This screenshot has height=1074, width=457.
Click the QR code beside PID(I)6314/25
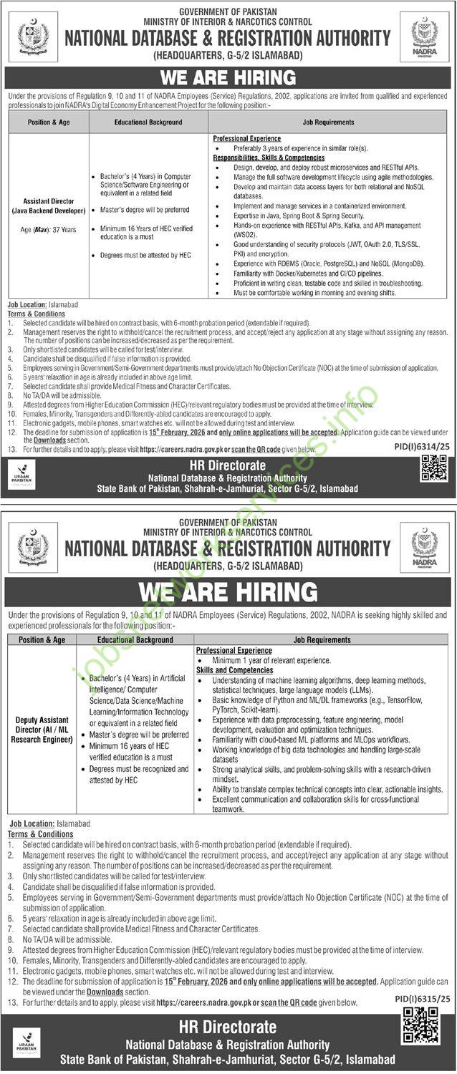[434, 469]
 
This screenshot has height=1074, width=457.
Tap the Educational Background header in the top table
[148, 122]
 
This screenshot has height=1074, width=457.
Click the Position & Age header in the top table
[48, 122]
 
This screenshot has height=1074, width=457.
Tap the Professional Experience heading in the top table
[246, 138]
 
